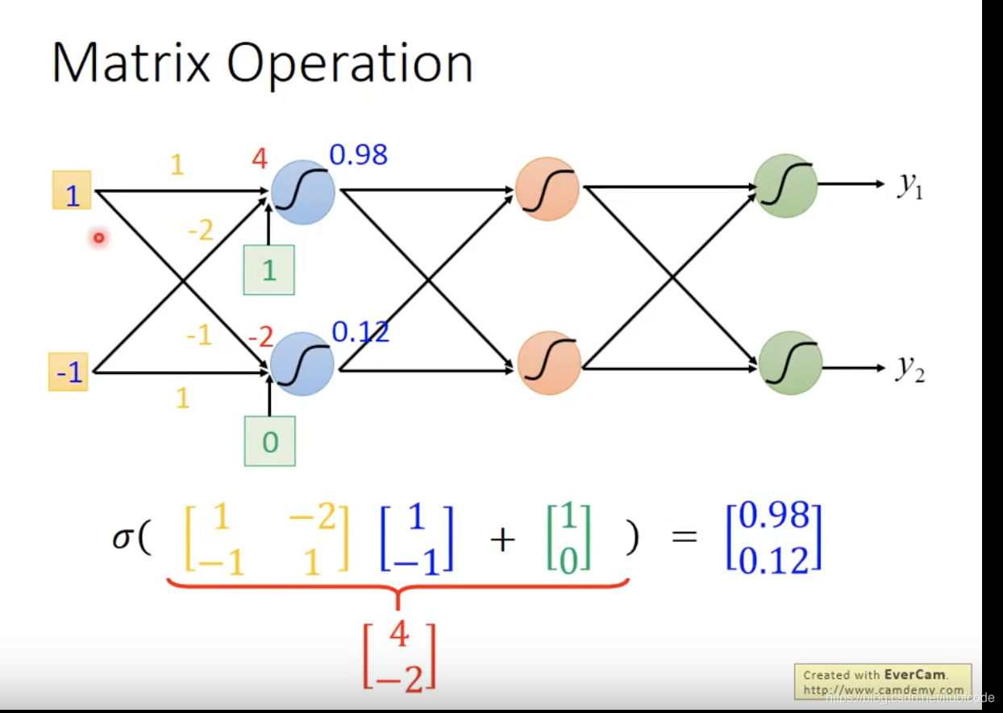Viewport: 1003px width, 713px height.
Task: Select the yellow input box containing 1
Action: point(72,191)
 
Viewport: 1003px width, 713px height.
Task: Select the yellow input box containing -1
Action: point(69,373)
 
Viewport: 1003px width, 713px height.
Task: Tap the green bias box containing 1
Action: point(269,270)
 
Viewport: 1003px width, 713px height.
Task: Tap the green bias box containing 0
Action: point(270,441)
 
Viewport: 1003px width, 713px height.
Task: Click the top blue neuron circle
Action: point(303,191)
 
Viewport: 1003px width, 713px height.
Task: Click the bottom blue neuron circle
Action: point(302,365)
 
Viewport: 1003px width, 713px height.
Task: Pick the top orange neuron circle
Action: point(547,189)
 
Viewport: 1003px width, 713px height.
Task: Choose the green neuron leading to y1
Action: point(785,186)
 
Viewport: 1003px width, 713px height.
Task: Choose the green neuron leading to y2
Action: point(790,363)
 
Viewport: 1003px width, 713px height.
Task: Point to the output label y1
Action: point(911,185)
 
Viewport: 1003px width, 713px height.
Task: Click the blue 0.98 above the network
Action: point(358,154)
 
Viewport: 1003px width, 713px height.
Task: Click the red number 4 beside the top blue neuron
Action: point(259,159)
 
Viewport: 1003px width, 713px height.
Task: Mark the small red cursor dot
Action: point(99,238)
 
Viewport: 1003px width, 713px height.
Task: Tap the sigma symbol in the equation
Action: point(122,538)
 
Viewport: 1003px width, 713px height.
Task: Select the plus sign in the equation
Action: point(501,538)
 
